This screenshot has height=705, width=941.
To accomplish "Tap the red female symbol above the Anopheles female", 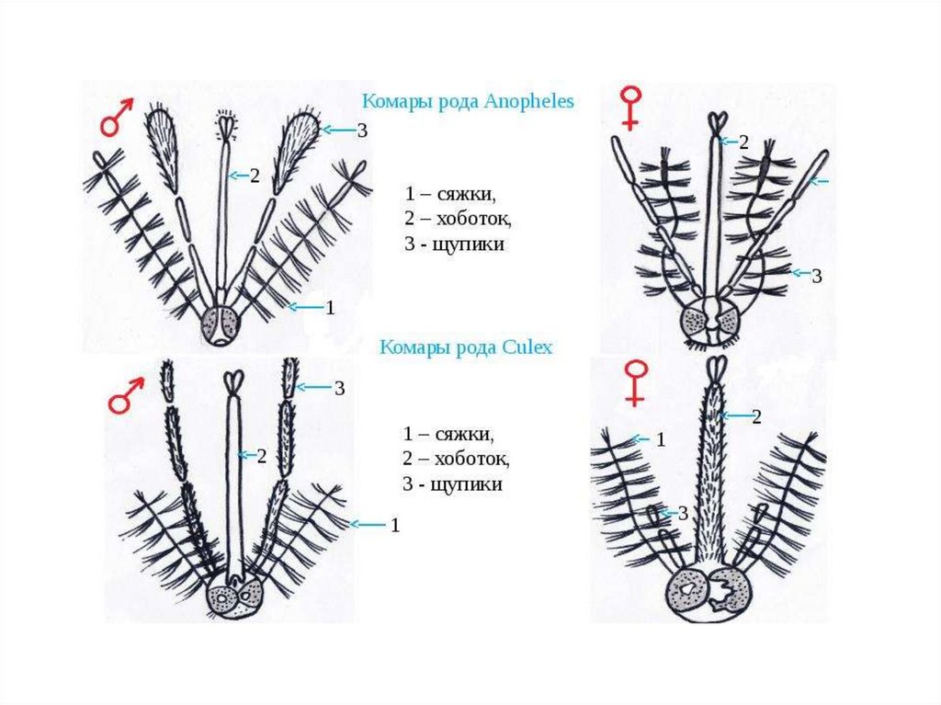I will coord(631,107).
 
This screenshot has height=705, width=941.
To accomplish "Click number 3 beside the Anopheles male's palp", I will coord(362,131).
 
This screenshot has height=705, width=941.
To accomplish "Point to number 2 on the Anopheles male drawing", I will coord(255,176).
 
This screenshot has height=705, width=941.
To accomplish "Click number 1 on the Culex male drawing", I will coord(395,526).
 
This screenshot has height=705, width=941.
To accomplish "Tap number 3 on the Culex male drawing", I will coord(339,388).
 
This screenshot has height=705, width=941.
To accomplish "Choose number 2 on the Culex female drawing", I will coord(756,417).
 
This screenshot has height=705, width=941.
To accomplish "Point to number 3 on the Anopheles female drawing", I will coord(816,275).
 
